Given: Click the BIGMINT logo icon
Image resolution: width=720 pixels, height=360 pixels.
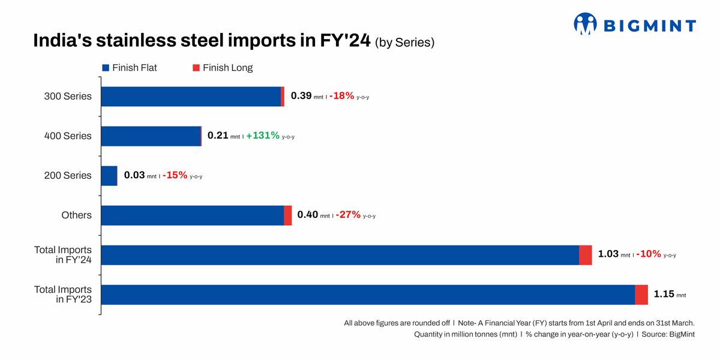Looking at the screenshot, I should point(585,23).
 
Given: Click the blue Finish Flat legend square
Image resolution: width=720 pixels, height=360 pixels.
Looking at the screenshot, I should point(106,68).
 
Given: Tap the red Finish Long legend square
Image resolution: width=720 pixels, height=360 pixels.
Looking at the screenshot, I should point(196,68).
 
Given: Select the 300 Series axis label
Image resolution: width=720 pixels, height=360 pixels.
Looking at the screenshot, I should point(68,96).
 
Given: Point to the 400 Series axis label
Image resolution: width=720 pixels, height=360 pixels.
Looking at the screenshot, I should point(68,136).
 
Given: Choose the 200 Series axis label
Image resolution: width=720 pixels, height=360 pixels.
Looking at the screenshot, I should point(68,175).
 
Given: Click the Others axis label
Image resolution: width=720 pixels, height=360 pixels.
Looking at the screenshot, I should point(76,215).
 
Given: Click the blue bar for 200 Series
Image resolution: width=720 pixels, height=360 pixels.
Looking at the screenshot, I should point(109,176).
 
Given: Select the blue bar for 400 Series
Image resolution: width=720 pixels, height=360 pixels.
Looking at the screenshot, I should point(151,136).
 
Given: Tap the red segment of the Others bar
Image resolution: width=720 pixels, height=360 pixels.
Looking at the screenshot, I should point(288,215).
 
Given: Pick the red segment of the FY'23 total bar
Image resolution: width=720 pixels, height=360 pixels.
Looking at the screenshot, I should point(641,295).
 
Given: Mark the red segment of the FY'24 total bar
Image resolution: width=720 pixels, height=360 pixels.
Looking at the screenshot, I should point(586,255).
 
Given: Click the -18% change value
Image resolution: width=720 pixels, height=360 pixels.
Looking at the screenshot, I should point(341,96).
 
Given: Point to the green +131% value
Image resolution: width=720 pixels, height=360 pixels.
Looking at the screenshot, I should point(263,136).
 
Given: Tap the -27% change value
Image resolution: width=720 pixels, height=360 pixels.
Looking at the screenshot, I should point(348,215).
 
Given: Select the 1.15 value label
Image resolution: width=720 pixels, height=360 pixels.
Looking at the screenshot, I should point(664,294).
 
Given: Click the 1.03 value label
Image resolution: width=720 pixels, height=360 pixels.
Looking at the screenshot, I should point(608,254).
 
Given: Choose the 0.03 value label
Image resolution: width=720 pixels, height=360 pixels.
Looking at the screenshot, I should point(134,175).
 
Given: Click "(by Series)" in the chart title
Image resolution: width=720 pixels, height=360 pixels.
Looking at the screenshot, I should point(404,43).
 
